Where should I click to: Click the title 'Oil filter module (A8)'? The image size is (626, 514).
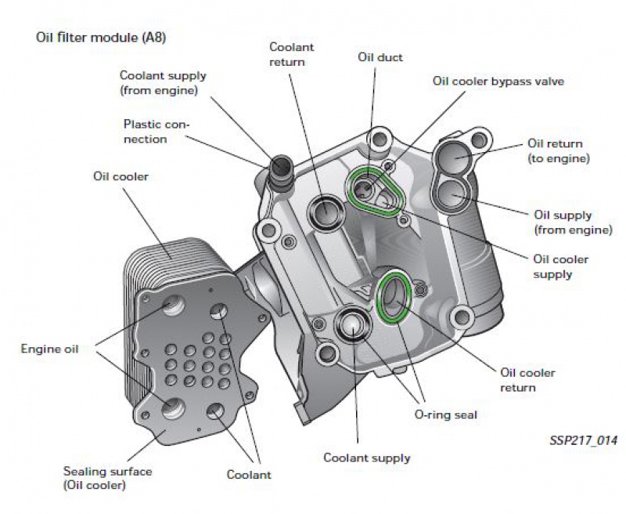coord(101,37)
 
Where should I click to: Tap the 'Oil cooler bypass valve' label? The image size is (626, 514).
coord(498,81)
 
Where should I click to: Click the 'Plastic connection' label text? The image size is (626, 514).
coord(156,132)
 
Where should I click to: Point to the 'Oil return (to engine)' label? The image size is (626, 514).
coord(558,150)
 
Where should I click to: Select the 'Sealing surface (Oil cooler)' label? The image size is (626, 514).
coord(107,478)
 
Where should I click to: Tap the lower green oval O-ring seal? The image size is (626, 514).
coord(393,298)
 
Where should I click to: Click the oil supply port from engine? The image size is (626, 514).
coord(455,192)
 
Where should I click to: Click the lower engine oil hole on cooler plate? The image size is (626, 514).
coord(174,407)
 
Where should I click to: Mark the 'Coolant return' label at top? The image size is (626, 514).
coord(291,54)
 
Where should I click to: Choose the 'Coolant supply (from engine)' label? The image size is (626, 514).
coord(163,82)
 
